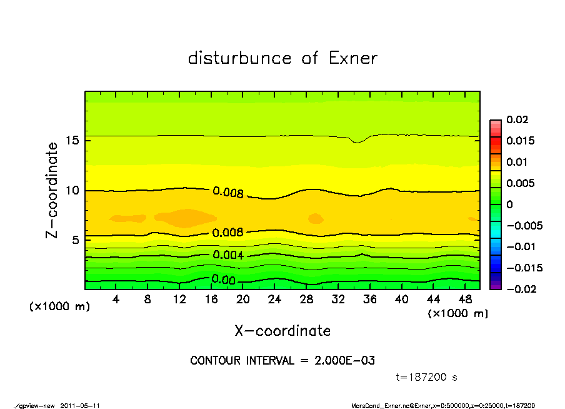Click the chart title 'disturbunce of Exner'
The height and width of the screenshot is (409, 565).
coord(282,58)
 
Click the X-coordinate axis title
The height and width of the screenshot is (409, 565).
coord(282,331)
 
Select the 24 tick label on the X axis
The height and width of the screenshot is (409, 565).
coord(274,300)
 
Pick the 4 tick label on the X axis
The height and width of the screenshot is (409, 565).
coord(116,300)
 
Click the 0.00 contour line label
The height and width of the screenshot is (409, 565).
coord(223,280)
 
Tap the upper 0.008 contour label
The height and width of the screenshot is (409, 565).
coord(227,192)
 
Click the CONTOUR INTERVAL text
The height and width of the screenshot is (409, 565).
coord(282,361)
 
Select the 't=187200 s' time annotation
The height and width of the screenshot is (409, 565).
coord(427,378)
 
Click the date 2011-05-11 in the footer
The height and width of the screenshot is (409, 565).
coord(80,405)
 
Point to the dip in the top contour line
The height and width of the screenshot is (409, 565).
coord(357,142)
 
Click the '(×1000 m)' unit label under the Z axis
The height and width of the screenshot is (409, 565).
coord(57,306)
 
